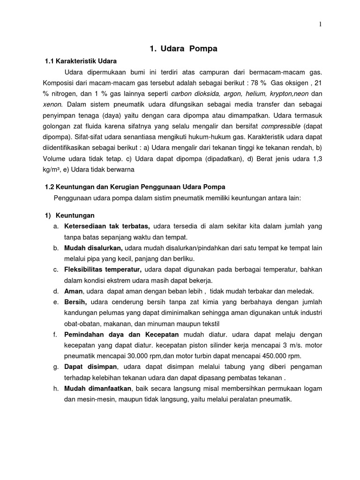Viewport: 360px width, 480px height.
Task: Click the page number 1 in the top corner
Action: click(320, 25)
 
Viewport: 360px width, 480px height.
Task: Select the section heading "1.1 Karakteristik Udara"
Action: click(81, 61)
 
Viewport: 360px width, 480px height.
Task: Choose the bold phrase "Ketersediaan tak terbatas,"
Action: click(107, 226)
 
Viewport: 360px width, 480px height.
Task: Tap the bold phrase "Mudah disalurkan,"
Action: click(93, 248)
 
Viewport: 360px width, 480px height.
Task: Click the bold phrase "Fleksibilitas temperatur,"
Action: click(103, 270)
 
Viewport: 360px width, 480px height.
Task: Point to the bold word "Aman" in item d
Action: click(73, 291)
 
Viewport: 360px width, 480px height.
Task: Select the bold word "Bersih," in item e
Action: click(75, 302)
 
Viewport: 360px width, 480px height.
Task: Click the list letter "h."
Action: click(55, 389)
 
